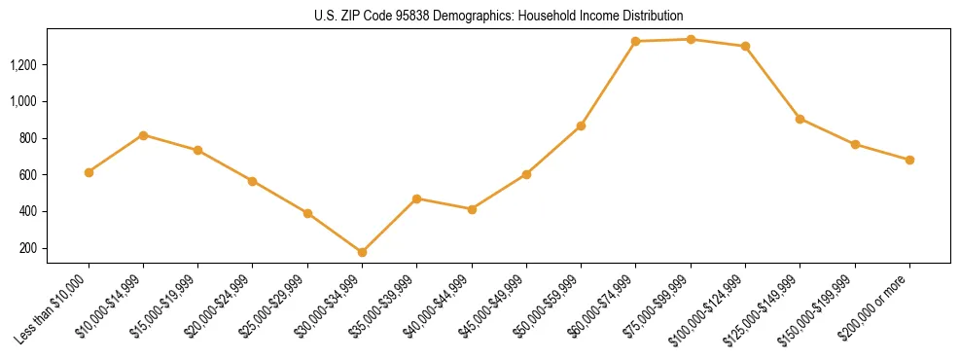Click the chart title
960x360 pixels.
click(499, 16)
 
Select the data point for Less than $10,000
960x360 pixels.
click(89, 172)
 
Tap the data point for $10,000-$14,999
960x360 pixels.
click(143, 135)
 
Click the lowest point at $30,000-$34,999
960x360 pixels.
click(362, 252)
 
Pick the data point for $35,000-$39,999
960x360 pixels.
click(416, 198)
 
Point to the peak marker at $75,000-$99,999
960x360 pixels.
click(691, 40)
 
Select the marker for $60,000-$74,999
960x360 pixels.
click(635, 42)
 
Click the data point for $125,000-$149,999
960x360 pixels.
click(800, 119)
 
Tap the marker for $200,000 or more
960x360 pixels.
click(909, 160)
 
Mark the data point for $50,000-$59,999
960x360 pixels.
click(581, 126)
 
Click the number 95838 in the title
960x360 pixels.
click(432, 16)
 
